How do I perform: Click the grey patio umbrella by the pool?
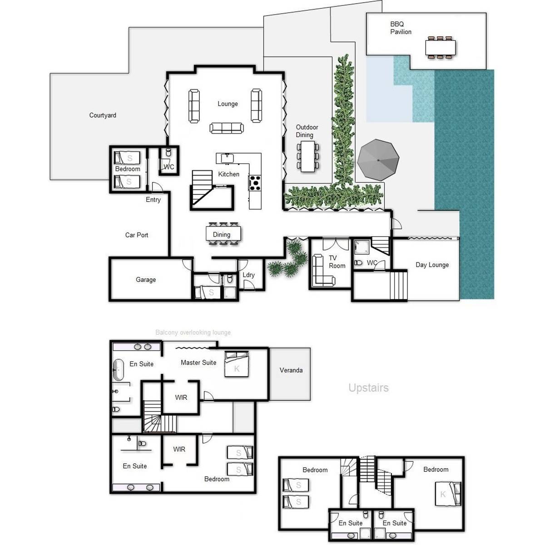[x=378, y=160]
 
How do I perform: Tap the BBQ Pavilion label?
[x=401, y=28]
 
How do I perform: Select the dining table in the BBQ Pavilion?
[x=440, y=47]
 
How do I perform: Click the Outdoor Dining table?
[x=307, y=156]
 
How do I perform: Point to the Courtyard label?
[x=103, y=115]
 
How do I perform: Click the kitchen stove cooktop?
[x=255, y=183]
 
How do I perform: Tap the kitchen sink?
[x=226, y=158]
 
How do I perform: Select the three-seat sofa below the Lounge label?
[x=227, y=128]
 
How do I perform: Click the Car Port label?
[x=137, y=235]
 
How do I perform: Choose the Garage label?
[x=146, y=280]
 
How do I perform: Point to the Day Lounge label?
[x=432, y=265]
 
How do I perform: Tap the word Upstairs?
[x=368, y=388]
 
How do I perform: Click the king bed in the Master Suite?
[x=237, y=364]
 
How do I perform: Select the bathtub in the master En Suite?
[x=119, y=370]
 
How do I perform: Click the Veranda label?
[x=291, y=370]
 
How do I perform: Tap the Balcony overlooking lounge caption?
[x=193, y=332]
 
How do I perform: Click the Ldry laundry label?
[x=248, y=275]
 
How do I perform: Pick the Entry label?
[x=153, y=200]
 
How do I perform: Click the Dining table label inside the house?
[x=222, y=235]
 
